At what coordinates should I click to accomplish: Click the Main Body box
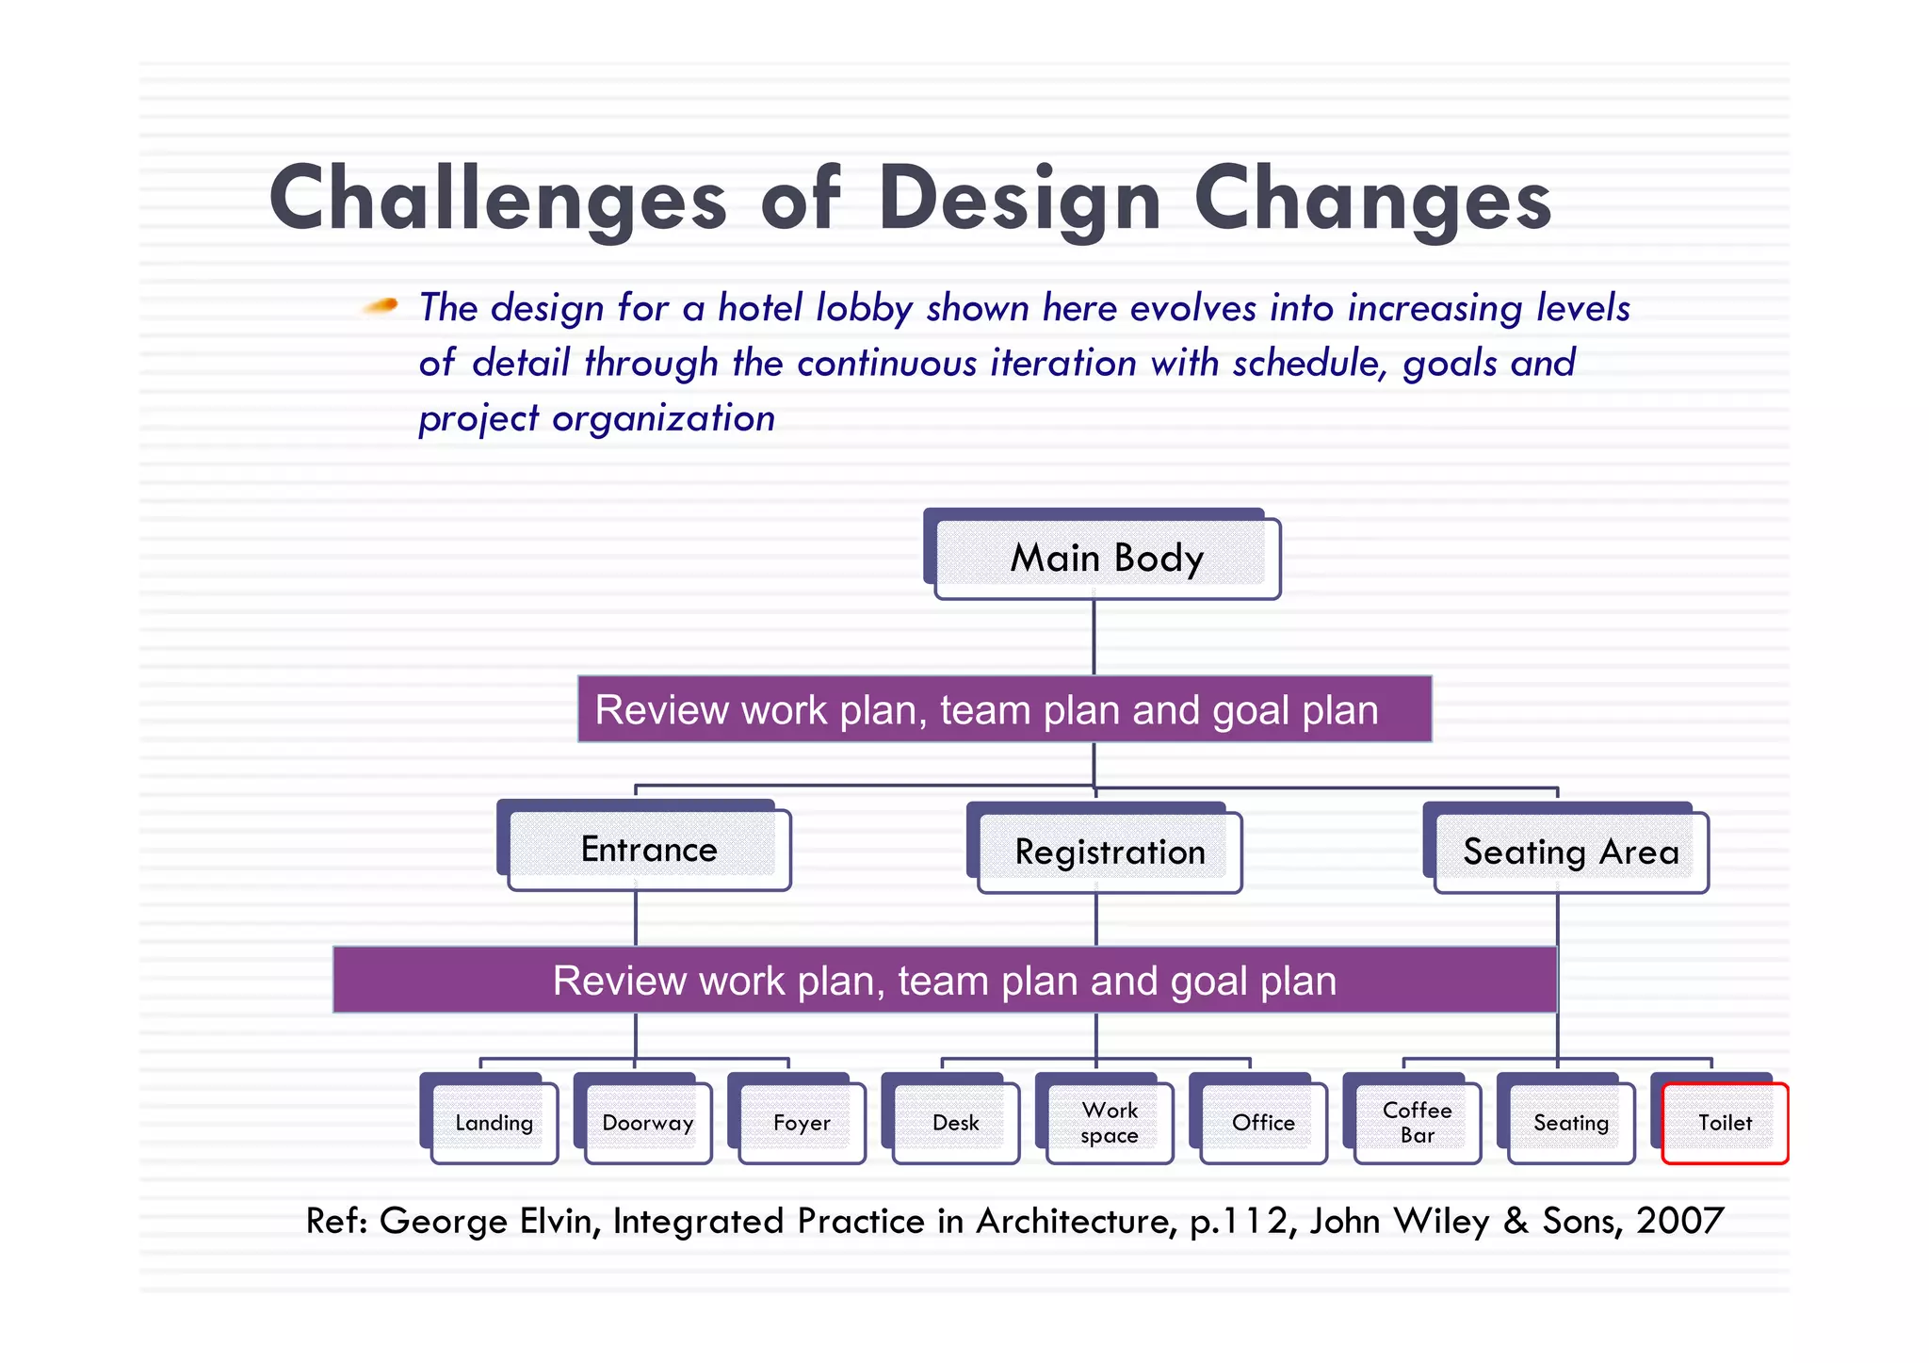(1107, 558)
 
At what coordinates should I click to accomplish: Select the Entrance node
(649, 850)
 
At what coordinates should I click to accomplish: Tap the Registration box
(1110, 852)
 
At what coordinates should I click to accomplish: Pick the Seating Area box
(1570, 852)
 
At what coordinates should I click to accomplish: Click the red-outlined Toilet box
(1725, 1123)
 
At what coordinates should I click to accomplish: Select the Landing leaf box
(494, 1123)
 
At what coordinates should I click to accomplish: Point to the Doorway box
(648, 1123)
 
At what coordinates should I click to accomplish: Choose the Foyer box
(802, 1123)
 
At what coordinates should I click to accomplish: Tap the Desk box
(955, 1123)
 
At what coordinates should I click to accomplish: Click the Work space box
(1110, 1123)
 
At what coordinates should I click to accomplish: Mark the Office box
(1263, 1123)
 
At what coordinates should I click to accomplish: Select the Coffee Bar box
(1417, 1123)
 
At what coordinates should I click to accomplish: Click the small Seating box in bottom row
(1570, 1123)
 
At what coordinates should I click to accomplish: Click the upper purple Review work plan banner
(1004, 709)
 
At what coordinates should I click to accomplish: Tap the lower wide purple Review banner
(945, 981)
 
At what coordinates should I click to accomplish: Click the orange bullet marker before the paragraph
(381, 305)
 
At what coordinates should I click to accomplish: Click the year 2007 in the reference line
(1679, 1221)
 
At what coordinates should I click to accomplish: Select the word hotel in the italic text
(761, 308)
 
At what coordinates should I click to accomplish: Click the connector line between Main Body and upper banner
(1094, 637)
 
